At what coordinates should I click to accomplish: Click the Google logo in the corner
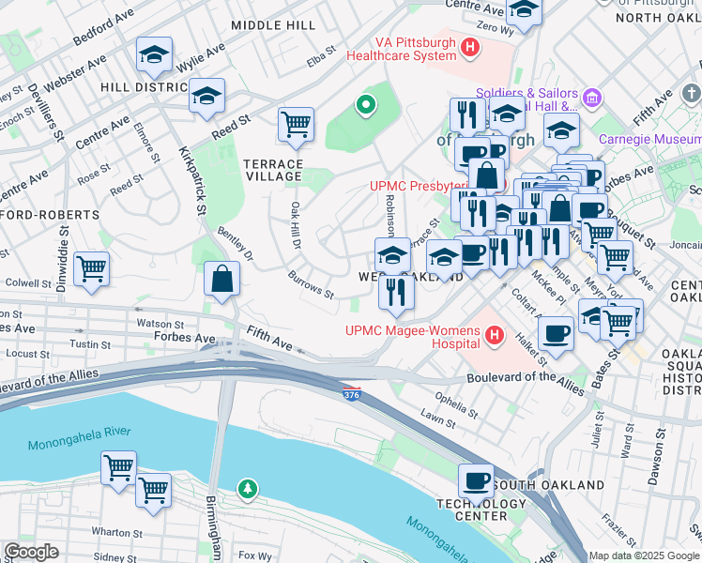[32, 552]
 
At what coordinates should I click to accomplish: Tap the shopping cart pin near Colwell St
[92, 269]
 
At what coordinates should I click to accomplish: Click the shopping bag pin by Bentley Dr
[221, 279]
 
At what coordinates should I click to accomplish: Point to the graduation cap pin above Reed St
[206, 95]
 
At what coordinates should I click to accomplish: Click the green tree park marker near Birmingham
[247, 488]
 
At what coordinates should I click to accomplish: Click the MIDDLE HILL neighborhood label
[273, 25]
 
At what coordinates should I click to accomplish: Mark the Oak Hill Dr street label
[294, 225]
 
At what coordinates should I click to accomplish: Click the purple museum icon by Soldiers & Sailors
[592, 97]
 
